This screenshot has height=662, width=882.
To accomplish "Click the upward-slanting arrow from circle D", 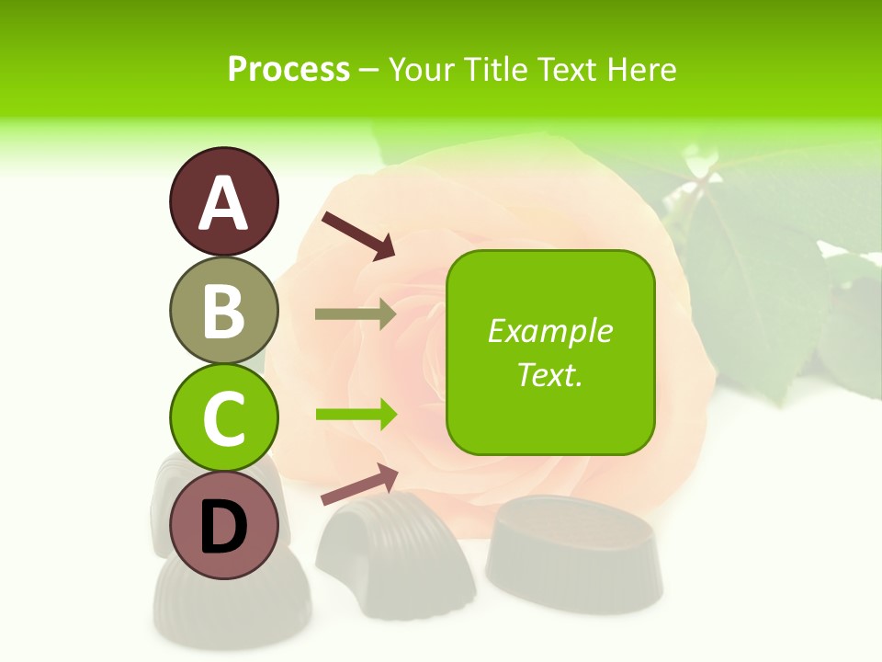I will pos(359,485).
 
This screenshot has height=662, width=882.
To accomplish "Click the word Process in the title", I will pos(288,69).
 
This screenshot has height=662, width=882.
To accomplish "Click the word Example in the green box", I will pos(549,331).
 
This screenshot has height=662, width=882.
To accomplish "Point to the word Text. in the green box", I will pos(549,374).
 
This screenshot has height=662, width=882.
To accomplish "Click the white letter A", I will pos(223,203).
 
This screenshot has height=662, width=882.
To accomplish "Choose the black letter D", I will pos(223,527).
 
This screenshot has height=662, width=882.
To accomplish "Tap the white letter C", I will pos(223,418).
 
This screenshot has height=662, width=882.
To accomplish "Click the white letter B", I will pos(223,311).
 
